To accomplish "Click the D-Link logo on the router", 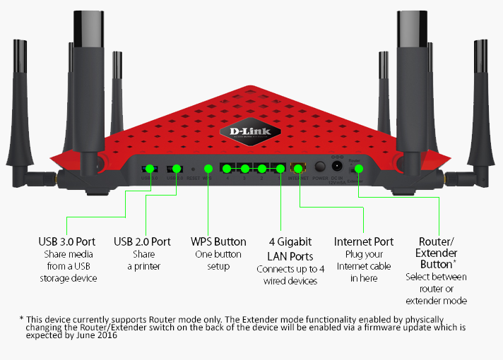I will point(251,131).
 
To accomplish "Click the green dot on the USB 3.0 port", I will point(149,169).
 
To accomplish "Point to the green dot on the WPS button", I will point(208,169).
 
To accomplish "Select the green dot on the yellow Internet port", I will point(299,169).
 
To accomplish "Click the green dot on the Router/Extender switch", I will point(358,169).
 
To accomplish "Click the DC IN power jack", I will point(337,167).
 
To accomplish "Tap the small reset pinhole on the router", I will point(193,169).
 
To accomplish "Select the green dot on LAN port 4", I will point(227,169).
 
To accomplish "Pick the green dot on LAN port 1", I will point(280,169).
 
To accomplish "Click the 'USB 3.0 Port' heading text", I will point(66,242).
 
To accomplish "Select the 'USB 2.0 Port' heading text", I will point(142,242).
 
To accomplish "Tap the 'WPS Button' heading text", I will point(219,242).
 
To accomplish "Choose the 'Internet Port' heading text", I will point(364,242).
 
